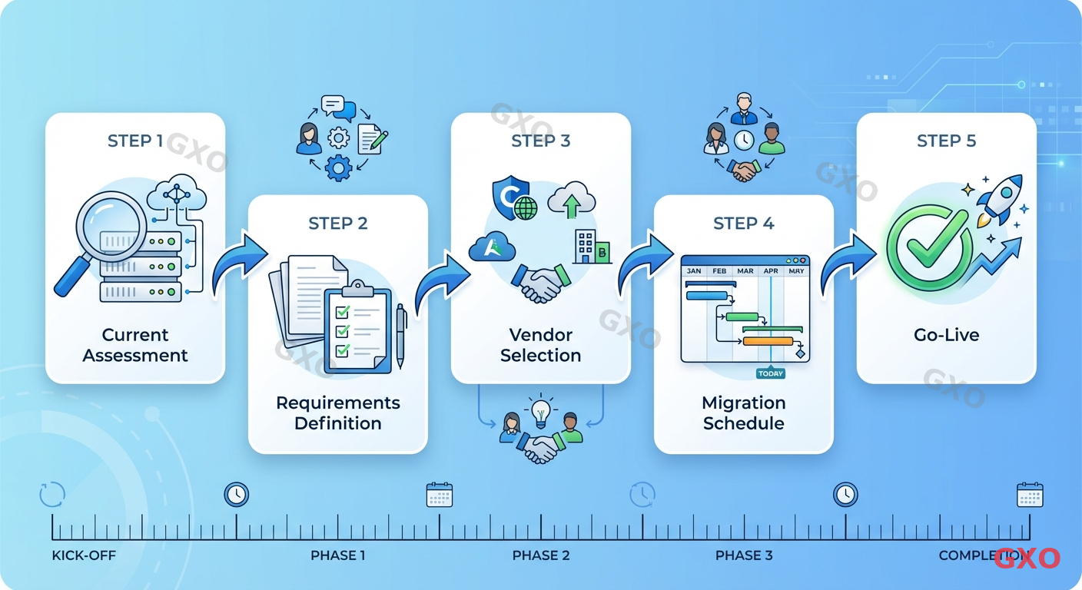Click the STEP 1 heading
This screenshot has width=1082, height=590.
click(135, 141)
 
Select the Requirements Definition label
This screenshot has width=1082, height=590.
click(338, 413)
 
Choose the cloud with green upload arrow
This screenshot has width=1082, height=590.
click(573, 201)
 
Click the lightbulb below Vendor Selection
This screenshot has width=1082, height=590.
click(542, 410)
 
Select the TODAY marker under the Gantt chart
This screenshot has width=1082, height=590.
click(770, 373)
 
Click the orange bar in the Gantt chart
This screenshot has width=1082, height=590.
click(768, 341)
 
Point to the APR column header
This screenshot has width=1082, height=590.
click(771, 271)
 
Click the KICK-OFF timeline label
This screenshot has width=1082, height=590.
click(84, 555)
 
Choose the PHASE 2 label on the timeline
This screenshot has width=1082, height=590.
click(541, 555)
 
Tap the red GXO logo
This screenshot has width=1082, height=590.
click(1027, 558)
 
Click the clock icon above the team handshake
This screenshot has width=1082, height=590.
click(743, 141)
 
